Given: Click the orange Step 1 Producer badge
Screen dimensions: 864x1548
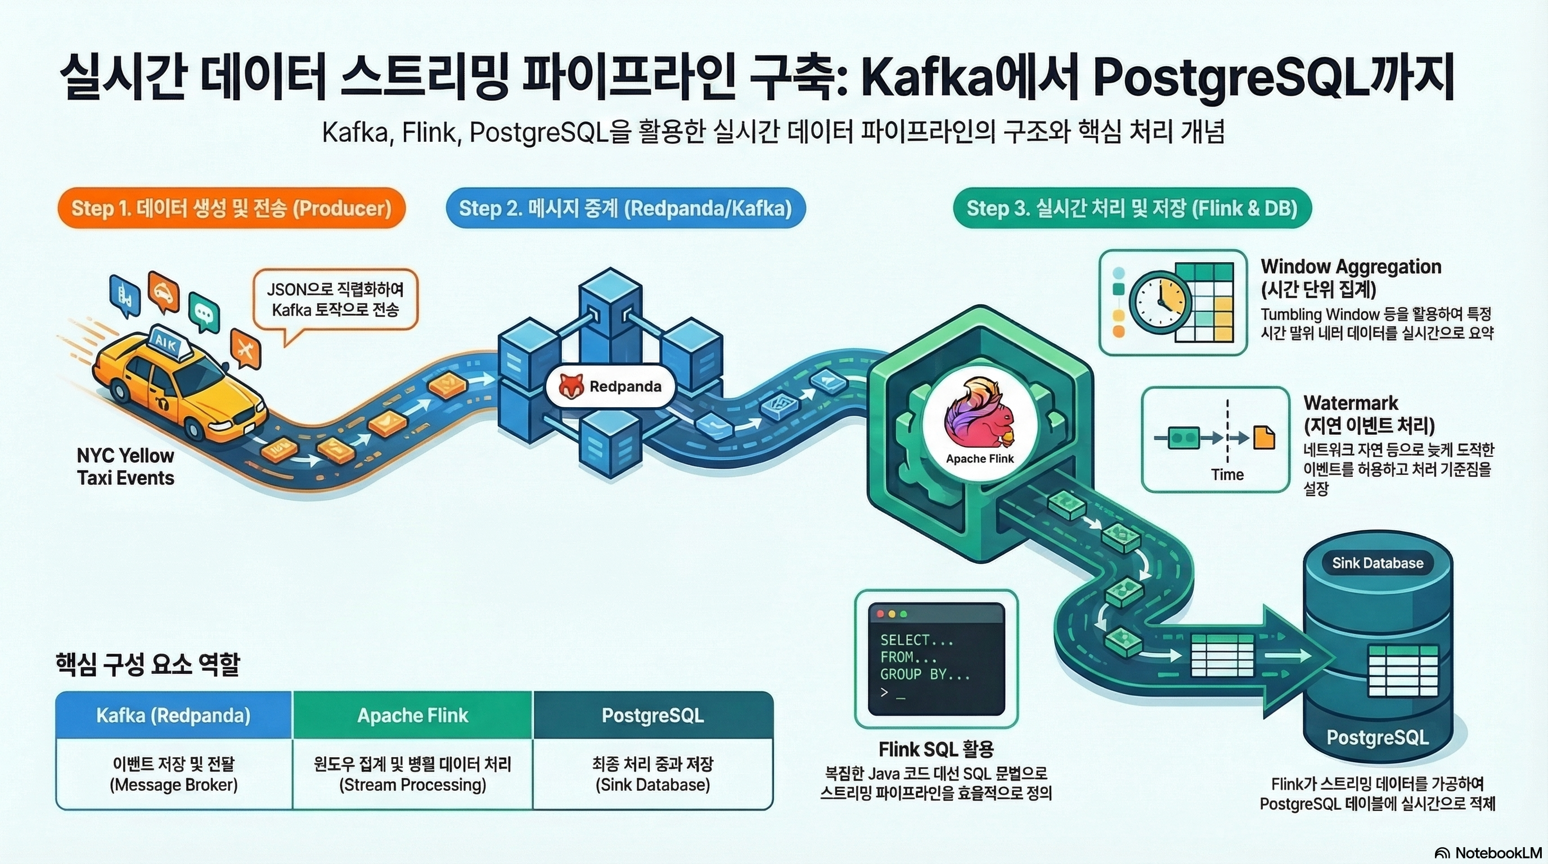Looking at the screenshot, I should (231, 209).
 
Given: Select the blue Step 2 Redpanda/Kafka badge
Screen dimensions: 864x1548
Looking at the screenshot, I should (625, 209).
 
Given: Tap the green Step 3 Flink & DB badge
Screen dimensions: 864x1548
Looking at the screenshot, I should (1132, 209).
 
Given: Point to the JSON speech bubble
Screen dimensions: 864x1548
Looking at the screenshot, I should (335, 300).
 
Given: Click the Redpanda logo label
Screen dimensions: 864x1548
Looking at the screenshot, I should (610, 386).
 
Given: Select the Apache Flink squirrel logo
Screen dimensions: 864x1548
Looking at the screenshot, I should (979, 415).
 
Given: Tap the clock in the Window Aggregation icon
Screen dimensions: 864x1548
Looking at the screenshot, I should (1160, 302).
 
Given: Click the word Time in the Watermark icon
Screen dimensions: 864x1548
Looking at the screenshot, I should (1227, 475).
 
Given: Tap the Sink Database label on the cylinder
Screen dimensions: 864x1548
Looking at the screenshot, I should (1378, 563).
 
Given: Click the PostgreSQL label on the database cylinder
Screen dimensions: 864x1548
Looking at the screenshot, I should (1378, 737).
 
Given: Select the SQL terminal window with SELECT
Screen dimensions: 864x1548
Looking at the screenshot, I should (936, 659).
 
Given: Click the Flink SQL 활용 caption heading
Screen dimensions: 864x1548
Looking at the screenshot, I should (935, 749).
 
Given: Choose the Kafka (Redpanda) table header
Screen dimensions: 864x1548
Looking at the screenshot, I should (174, 715).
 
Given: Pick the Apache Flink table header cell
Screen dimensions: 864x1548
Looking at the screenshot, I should (412, 715).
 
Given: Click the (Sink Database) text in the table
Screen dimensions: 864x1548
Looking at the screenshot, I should (652, 785).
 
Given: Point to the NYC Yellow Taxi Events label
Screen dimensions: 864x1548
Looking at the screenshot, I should (125, 466).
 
